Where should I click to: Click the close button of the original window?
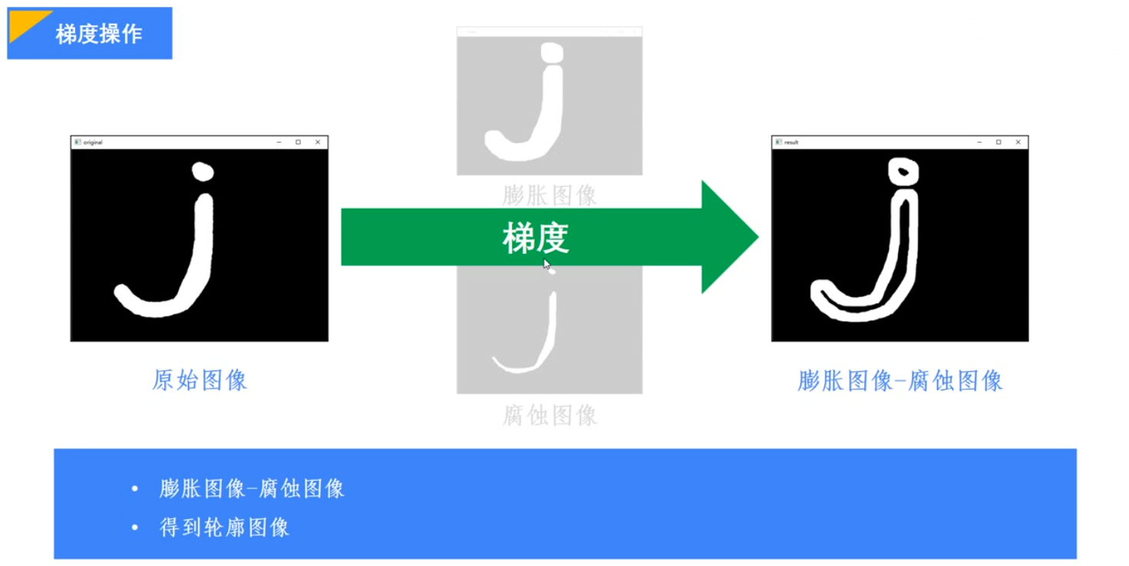pyautogui.click(x=318, y=142)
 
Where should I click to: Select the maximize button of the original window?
pyautogui.click(x=299, y=142)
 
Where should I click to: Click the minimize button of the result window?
pyautogui.click(x=979, y=142)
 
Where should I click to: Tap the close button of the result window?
pyautogui.click(x=1018, y=142)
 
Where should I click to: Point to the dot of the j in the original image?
pyautogui.click(x=202, y=171)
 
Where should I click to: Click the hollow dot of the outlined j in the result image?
pyautogui.click(x=903, y=169)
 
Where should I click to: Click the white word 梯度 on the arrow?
pyautogui.click(x=536, y=238)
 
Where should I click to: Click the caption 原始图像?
pyautogui.click(x=200, y=380)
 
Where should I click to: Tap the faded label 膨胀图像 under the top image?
pyautogui.click(x=550, y=196)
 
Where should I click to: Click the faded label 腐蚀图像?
pyautogui.click(x=550, y=416)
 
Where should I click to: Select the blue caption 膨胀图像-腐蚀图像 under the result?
pyautogui.click(x=900, y=381)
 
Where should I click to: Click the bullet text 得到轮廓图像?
pyautogui.click(x=224, y=528)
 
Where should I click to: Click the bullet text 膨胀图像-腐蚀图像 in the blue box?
pyautogui.click(x=252, y=489)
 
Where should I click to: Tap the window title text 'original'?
pyautogui.click(x=93, y=143)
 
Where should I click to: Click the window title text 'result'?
pyautogui.click(x=791, y=143)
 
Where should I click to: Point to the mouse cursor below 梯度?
pyautogui.click(x=547, y=265)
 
